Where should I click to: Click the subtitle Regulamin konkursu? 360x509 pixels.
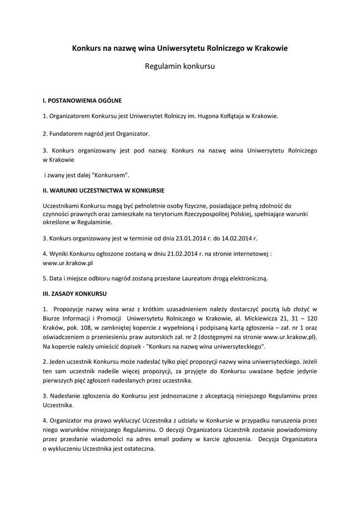pyautogui.click(x=180, y=66)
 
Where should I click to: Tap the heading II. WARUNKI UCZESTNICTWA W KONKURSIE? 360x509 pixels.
pyautogui.click(x=104, y=190)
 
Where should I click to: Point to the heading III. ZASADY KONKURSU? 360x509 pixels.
pyautogui.click(x=75, y=293)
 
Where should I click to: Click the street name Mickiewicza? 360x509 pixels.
pyautogui.click(x=267, y=318)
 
